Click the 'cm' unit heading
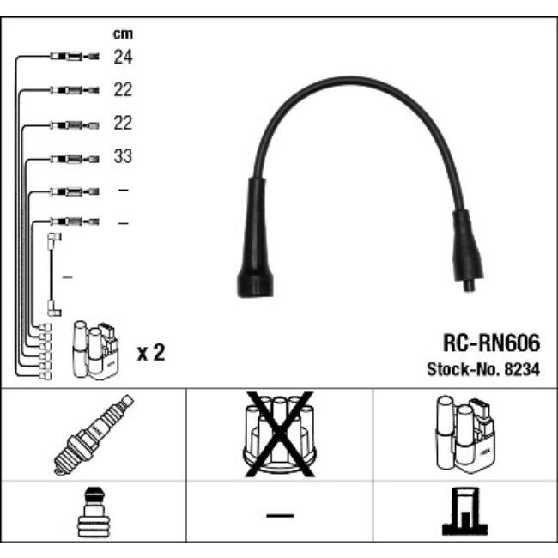click(123, 33)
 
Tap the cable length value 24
click(123, 57)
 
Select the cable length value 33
click(123, 156)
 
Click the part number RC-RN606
click(491, 343)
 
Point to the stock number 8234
click(522, 369)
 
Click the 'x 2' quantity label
click(151, 353)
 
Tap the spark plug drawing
click(94, 434)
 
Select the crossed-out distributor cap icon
click(280, 434)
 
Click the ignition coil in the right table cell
click(465, 434)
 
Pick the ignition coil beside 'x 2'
click(95, 350)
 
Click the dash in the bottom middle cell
click(280, 515)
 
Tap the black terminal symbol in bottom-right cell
click(464, 511)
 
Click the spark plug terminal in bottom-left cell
click(94, 512)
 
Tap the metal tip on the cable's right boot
click(470, 287)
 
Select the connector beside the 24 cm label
click(75, 57)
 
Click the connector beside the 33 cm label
click(75, 159)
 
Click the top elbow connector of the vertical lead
click(54, 238)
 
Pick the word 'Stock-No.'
click(464, 369)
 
